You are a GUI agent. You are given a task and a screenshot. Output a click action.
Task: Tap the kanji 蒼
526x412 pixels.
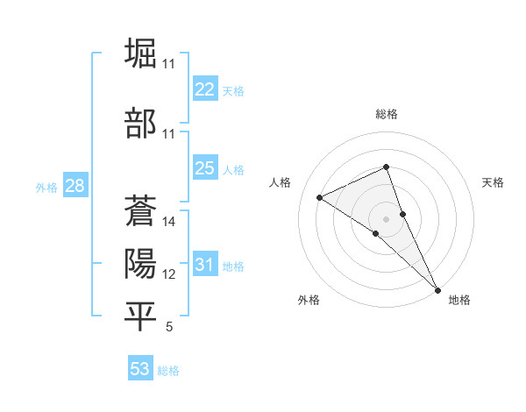140,211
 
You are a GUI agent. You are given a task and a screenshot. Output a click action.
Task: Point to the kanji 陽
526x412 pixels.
140,264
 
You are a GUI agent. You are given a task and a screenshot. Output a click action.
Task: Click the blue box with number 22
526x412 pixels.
204,89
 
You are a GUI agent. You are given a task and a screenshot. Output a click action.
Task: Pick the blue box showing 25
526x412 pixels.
204,168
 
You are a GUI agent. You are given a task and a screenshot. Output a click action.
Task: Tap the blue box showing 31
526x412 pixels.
204,265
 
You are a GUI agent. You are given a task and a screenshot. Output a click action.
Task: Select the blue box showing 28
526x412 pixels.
75,186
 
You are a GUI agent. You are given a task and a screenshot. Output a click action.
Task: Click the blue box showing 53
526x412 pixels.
140,369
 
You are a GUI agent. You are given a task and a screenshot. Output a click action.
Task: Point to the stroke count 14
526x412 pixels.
169,222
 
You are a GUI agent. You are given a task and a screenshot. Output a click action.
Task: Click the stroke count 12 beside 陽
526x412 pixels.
169,274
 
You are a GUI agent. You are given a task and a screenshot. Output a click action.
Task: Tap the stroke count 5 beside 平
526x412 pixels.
169,327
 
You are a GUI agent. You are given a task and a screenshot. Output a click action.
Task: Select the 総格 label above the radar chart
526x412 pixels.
386,114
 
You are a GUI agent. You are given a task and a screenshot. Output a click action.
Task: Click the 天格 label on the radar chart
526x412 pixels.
493,182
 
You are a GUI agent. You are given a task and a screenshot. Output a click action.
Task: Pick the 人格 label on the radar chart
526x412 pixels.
281,182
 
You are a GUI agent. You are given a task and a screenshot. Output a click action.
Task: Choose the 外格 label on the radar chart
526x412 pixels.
309,300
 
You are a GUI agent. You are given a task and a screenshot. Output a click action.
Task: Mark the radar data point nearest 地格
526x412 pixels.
438,288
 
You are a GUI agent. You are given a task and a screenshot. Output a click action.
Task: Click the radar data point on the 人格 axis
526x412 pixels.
320,197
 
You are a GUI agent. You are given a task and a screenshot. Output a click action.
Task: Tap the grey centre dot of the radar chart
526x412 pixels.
386,218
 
